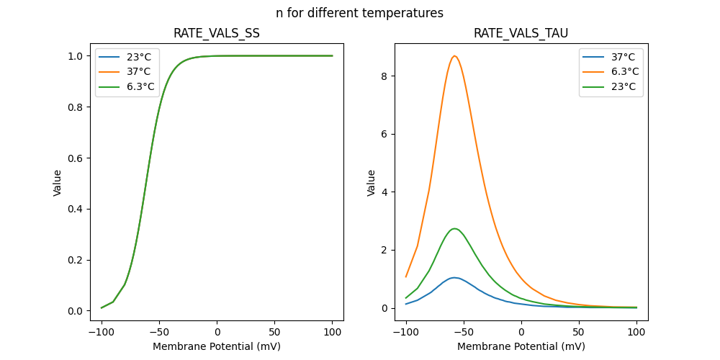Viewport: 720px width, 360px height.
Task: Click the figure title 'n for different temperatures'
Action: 359,13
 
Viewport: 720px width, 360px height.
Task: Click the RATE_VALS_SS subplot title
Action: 217,34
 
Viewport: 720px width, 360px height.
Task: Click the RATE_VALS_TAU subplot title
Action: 521,34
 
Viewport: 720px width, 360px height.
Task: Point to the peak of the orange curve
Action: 454,56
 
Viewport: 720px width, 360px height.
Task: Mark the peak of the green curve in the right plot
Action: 454,228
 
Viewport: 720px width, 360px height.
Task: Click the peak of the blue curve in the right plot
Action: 454,277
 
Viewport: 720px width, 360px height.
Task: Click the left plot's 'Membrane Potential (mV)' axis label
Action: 217,346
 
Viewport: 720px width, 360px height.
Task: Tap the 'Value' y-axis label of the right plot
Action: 372,183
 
